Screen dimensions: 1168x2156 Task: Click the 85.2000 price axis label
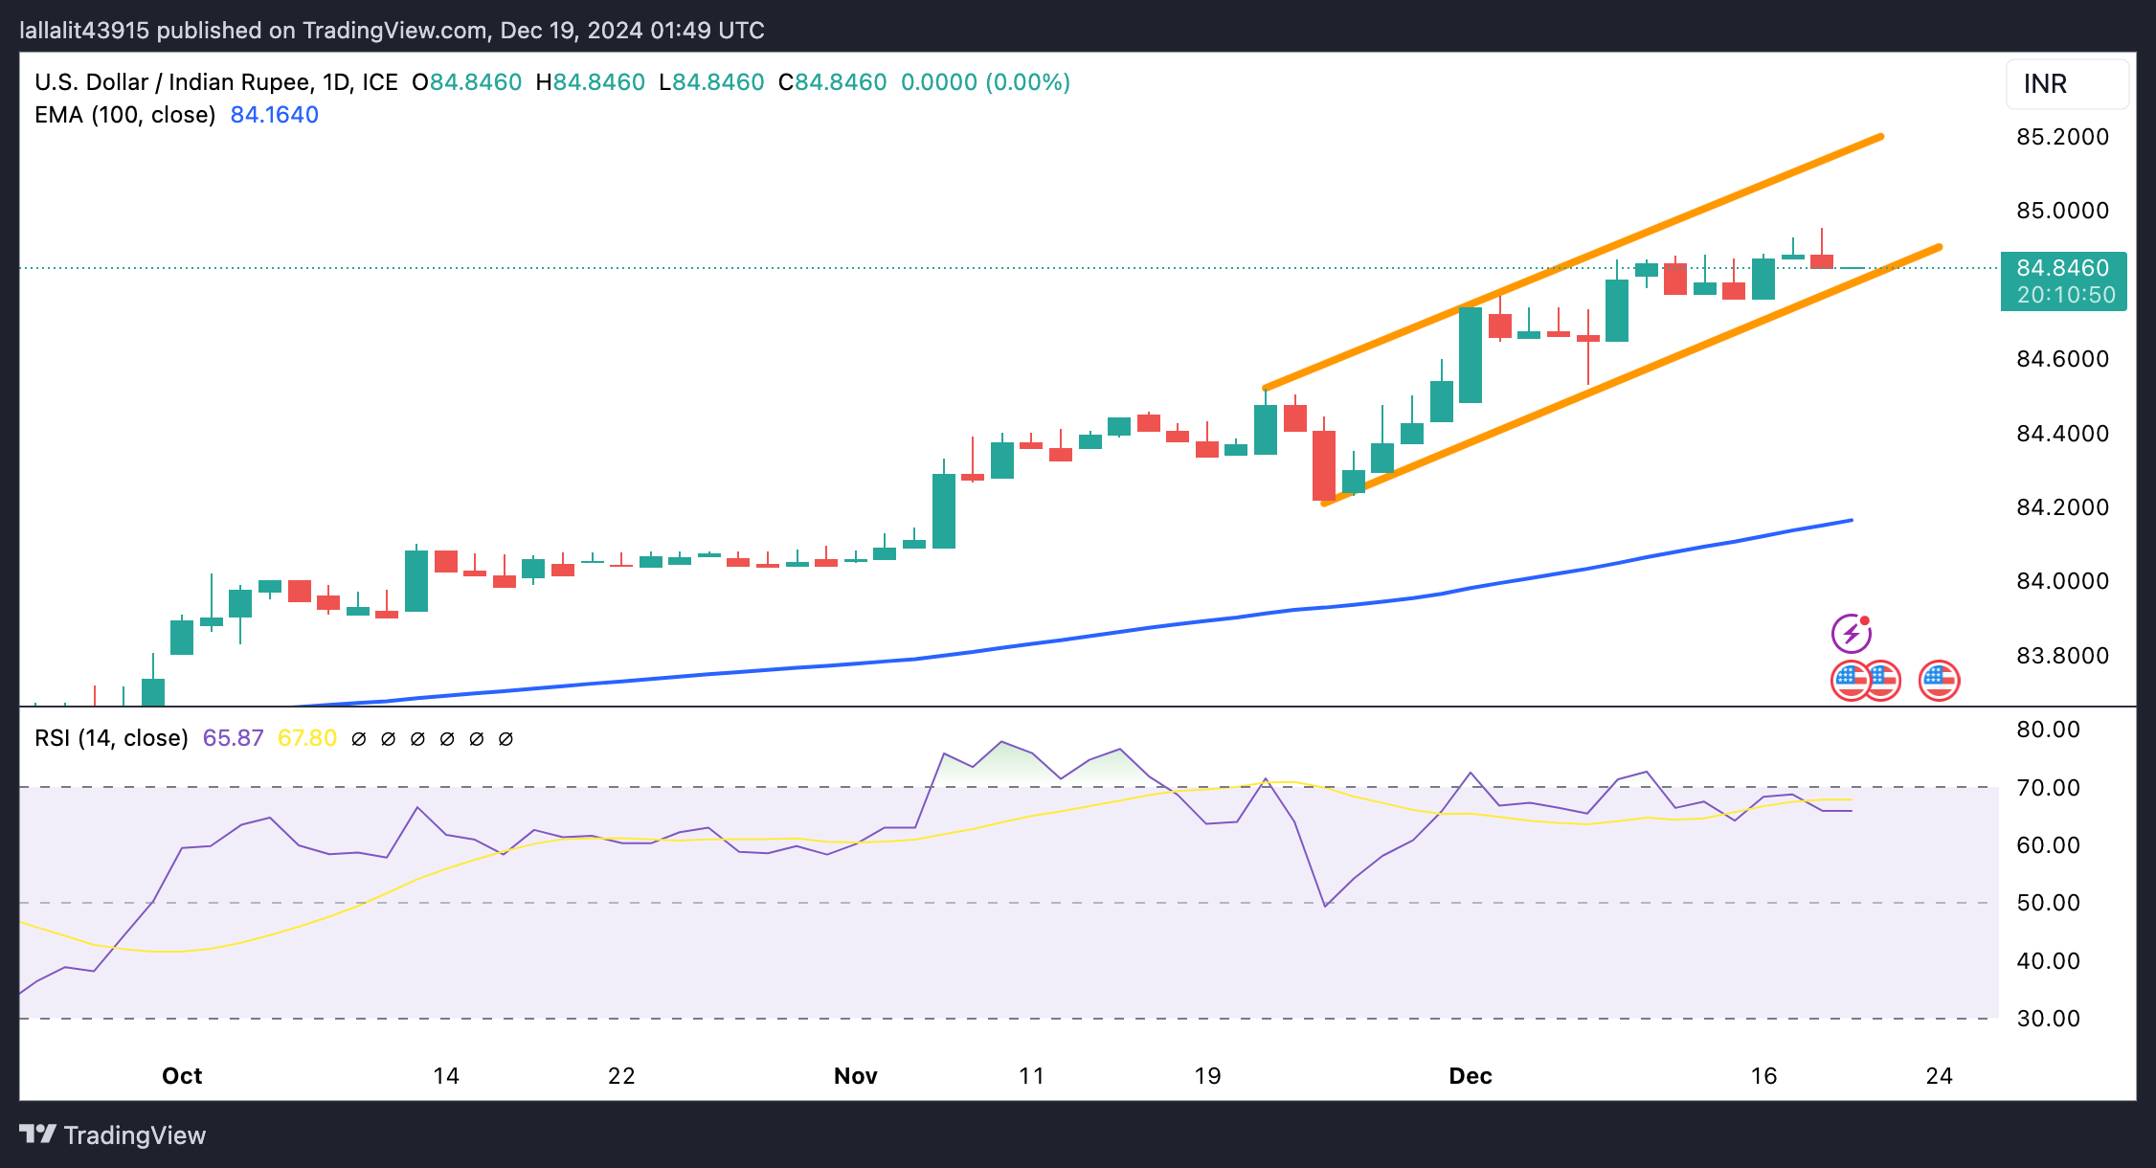click(x=2062, y=137)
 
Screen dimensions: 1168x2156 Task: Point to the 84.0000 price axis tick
click(x=2062, y=581)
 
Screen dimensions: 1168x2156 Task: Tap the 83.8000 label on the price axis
click(x=2062, y=656)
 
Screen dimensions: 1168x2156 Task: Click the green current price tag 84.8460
click(x=2063, y=268)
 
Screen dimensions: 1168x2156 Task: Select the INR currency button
click(x=2066, y=84)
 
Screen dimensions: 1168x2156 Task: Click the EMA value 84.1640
click(x=275, y=115)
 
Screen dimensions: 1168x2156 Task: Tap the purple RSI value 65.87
click(x=233, y=738)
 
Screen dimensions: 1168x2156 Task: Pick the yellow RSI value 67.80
click(x=307, y=738)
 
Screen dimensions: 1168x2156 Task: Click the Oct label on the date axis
click(x=182, y=1076)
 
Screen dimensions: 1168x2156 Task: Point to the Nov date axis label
click(x=856, y=1076)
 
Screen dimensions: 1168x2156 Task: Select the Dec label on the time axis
click(x=1471, y=1076)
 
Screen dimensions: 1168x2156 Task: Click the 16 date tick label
click(x=1763, y=1076)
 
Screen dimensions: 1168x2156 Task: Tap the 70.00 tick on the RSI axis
click(x=2048, y=788)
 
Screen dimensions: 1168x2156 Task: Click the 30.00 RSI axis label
click(x=2048, y=1019)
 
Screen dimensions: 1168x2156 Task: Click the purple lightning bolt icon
click(x=1852, y=633)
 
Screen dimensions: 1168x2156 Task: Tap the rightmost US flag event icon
click(x=1939, y=681)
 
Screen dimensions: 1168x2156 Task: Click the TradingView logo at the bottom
click(x=113, y=1135)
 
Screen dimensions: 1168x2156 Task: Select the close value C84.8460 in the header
click(x=833, y=82)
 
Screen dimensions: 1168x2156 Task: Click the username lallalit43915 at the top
click(x=84, y=31)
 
